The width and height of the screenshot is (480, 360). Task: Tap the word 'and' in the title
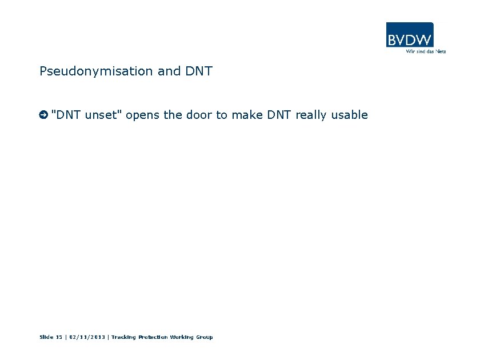pyautogui.click(x=169, y=71)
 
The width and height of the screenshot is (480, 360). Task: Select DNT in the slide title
pyautogui.click(x=199, y=71)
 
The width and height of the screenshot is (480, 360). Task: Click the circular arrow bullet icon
pyautogui.click(x=43, y=115)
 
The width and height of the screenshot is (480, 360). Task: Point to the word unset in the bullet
pyautogui.click(x=103, y=115)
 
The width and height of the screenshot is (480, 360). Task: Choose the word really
pyautogui.click(x=311, y=115)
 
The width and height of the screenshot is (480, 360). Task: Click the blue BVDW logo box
pyautogui.click(x=410, y=35)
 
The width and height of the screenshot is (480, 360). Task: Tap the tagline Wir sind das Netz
pyautogui.click(x=425, y=51)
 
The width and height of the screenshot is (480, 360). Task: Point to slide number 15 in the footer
pyautogui.click(x=59, y=337)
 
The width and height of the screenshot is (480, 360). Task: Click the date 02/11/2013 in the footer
pyautogui.click(x=87, y=337)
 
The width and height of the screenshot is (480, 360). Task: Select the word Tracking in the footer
pyautogui.click(x=123, y=337)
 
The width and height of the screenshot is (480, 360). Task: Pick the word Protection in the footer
pyautogui.click(x=153, y=337)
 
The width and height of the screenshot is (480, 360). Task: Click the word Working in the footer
pyautogui.click(x=182, y=337)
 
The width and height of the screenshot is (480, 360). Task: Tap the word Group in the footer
pyautogui.click(x=205, y=337)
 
